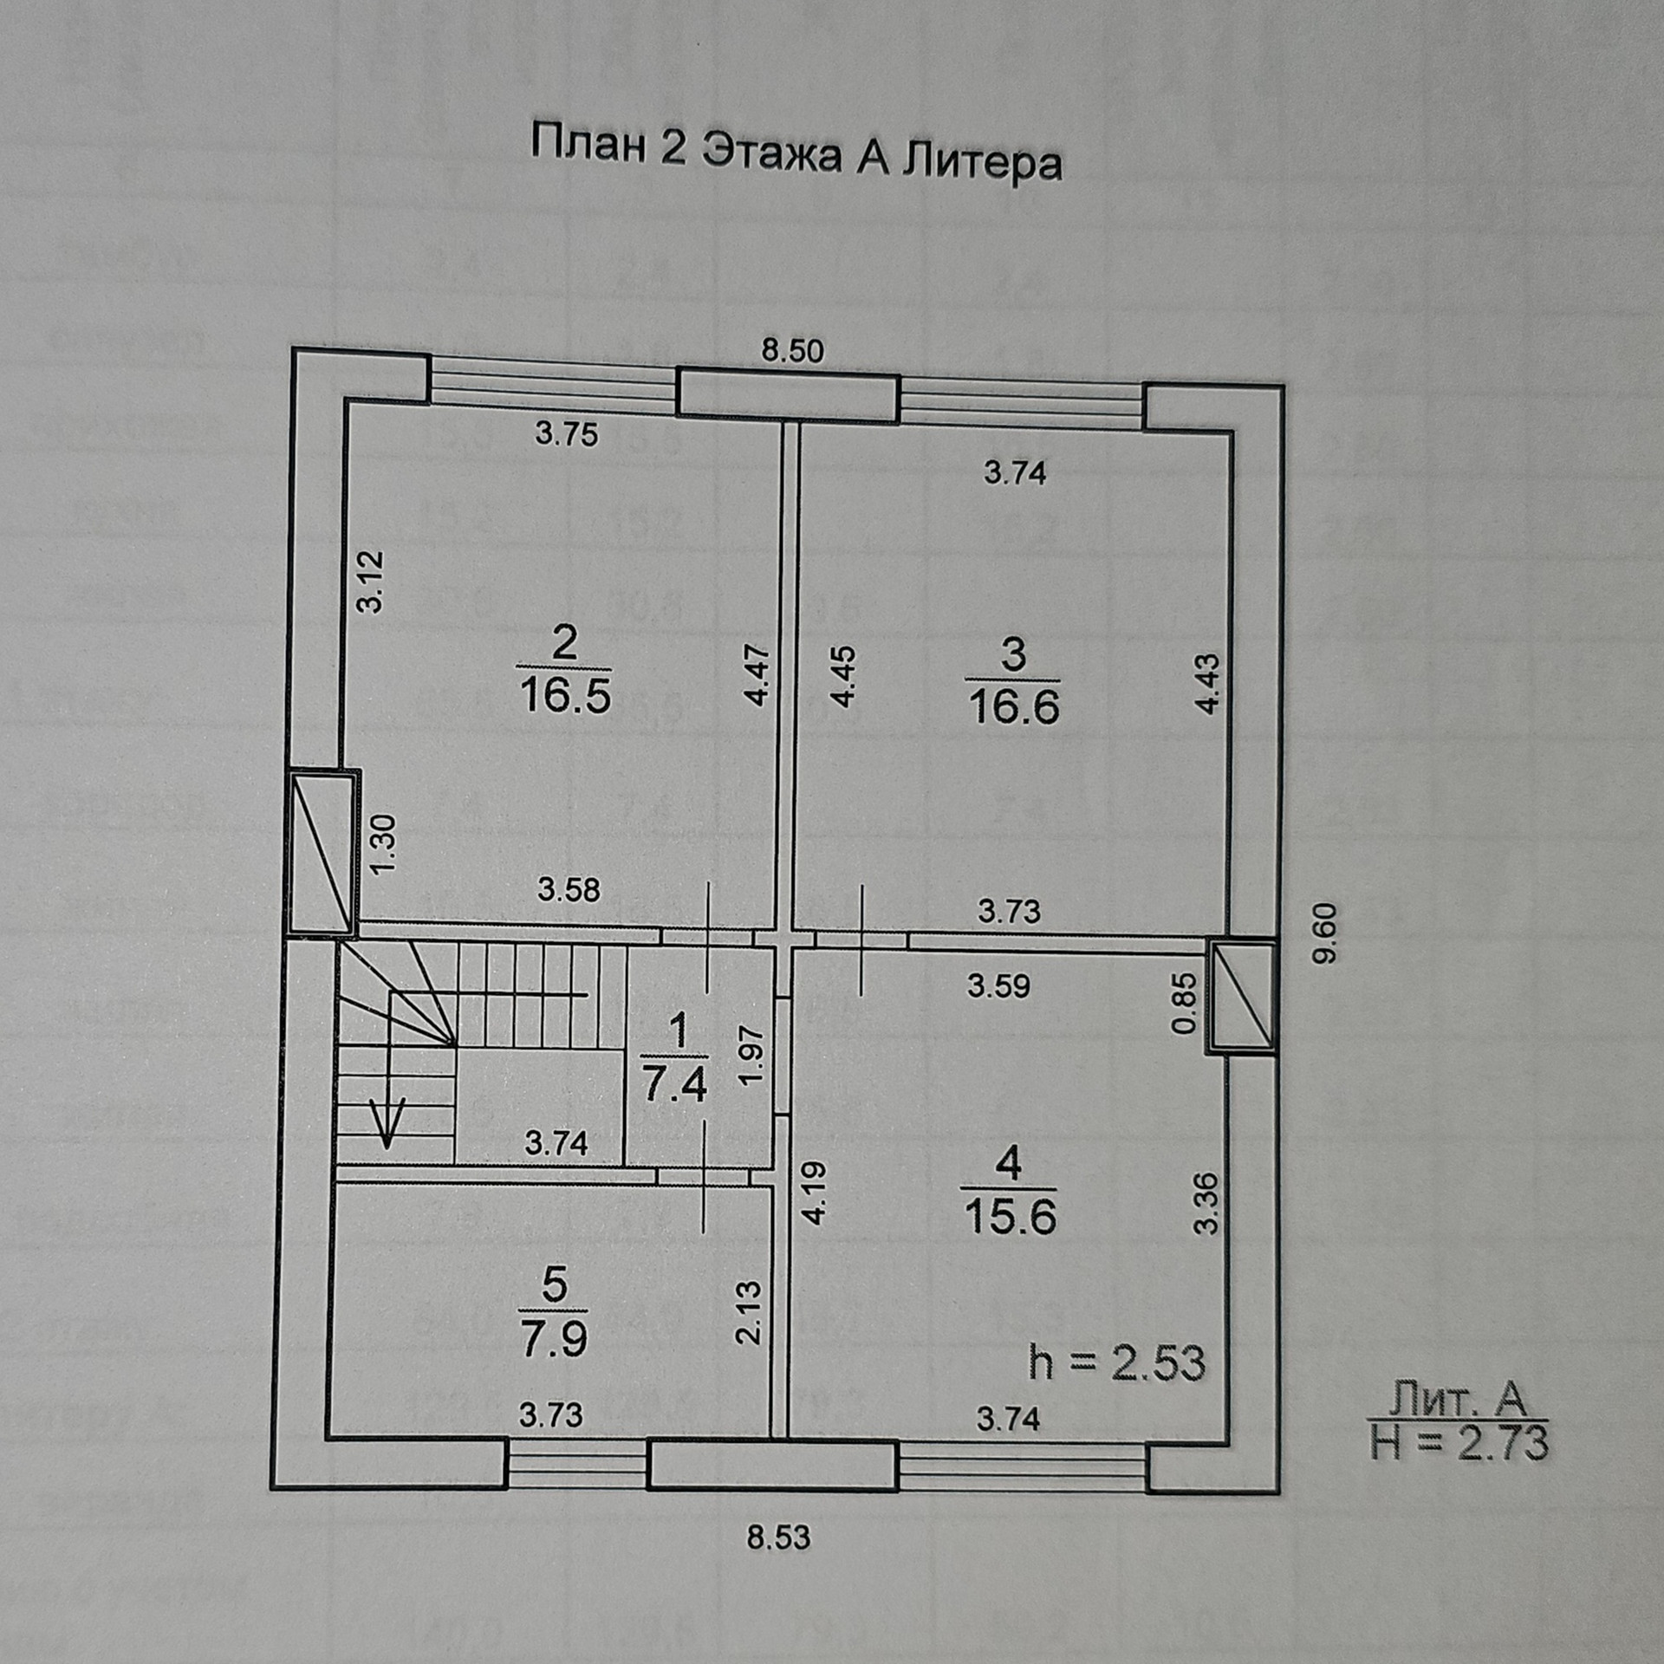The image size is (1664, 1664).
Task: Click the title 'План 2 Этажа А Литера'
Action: pyautogui.click(x=796, y=153)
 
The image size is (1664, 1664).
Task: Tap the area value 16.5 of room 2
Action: pyautogui.click(x=564, y=695)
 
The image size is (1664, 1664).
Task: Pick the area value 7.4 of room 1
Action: pyautogui.click(x=675, y=1084)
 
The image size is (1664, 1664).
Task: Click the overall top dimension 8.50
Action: pyautogui.click(x=792, y=351)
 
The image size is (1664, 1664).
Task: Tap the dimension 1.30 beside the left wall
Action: pyautogui.click(x=382, y=844)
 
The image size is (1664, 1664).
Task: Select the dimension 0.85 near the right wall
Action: pyautogui.click(x=1184, y=1003)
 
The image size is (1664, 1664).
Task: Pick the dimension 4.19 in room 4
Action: pyautogui.click(x=815, y=1193)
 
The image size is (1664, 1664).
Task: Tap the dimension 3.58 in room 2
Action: pyautogui.click(x=569, y=889)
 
